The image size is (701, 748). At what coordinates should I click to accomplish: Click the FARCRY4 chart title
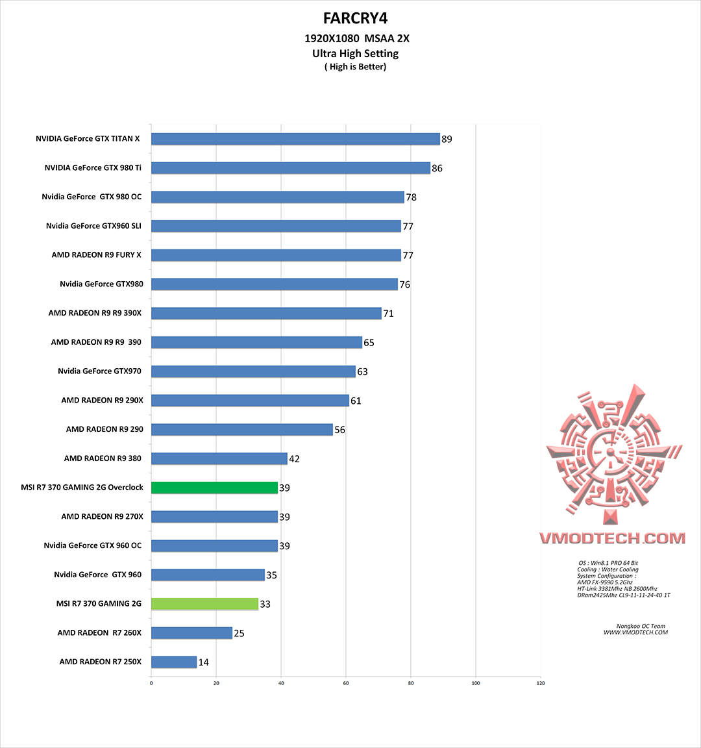pyautogui.click(x=355, y=18)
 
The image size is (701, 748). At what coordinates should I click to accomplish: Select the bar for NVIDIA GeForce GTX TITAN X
pyautogui.click(x=295, y=139)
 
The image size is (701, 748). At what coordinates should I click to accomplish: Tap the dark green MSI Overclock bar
pyautogui.click(x=214, y=488)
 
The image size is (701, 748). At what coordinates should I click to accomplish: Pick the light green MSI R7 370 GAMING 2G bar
pyautogui.click(x=204, y=604)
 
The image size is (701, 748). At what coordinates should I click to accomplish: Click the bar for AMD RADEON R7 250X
pyautogui.click(x=174, y=662)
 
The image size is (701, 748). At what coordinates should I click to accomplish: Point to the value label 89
pyautogui.click(x=447, y=139)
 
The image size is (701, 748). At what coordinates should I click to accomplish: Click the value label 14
pyautogui.click(x=204, y=662)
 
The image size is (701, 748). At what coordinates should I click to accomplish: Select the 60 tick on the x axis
pyautogui.click(x=346, y=682)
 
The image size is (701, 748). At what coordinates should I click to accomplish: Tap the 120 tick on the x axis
pyautogui.click(x=540, y=682)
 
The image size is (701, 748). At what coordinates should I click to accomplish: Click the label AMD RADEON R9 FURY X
pyautogui.click(x=97, y=255)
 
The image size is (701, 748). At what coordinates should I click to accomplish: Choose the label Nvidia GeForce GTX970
pyautogui.click(x=99, y=371)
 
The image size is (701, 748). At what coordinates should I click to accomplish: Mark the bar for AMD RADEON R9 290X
pyautogui.click(x=250, y=401)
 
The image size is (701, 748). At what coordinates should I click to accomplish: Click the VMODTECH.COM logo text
pyautogui.click(x=612, y=538)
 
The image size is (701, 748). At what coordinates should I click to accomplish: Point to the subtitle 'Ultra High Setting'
pyautogui.click(x=355, y=54)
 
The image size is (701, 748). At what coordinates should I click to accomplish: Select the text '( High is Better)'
pyautogui.click(x=355, y=67)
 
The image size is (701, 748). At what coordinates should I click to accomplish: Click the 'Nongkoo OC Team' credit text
pyautogui.click(x=640, y=627)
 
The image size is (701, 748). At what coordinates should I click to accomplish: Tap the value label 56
pyautogui.click(x=339, y=430)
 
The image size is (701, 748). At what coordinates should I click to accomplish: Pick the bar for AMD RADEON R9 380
pyautogui.click(x=219, y=459)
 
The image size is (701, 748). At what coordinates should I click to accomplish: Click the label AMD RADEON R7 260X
pyautogui.click(x=99, y=633)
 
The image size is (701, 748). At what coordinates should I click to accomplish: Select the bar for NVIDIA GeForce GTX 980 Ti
pyautogui.click(x=290, y=168)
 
